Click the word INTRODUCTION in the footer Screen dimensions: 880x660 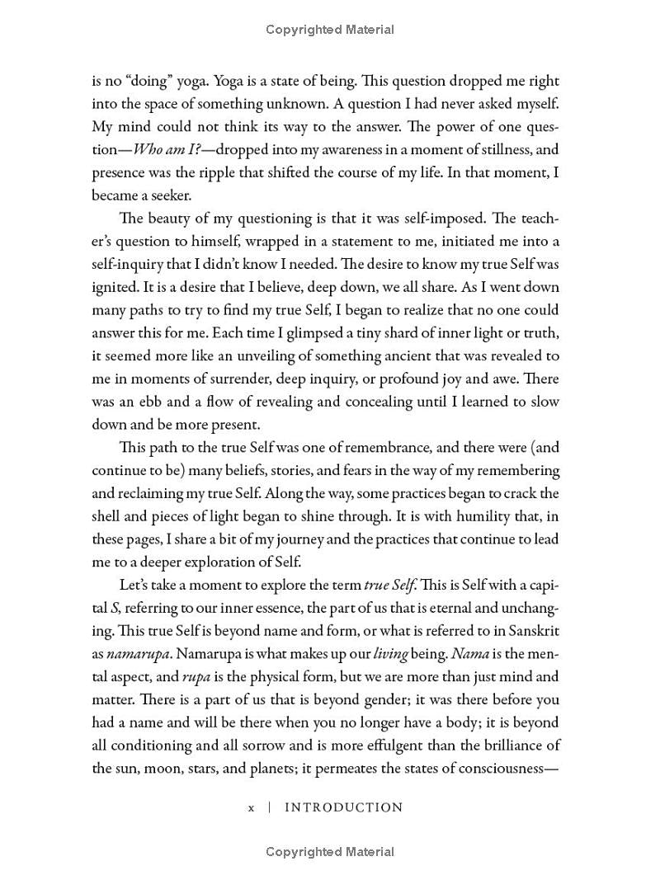[343, 807]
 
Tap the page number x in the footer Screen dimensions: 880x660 [251, 808]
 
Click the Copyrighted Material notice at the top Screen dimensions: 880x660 [330, 30]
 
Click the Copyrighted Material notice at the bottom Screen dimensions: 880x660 [330, 852]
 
